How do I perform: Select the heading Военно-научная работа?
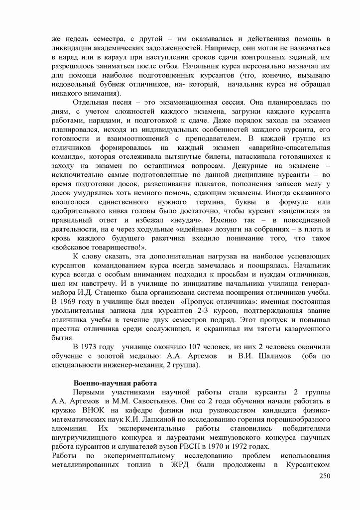116,384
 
